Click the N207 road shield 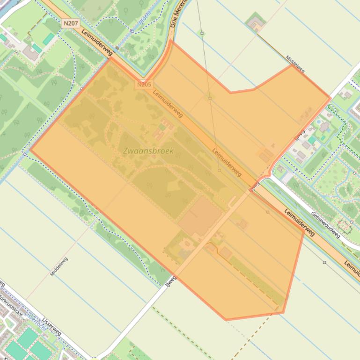coord(71,22)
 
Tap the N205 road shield coord(145,85)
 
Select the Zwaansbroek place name coord(148,151)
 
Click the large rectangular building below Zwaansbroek coord(200,216)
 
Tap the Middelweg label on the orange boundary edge coord(295,64)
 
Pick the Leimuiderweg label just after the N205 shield coord(168,103)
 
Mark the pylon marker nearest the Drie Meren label coord(202,33)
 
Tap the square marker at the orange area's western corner coord(24,153)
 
